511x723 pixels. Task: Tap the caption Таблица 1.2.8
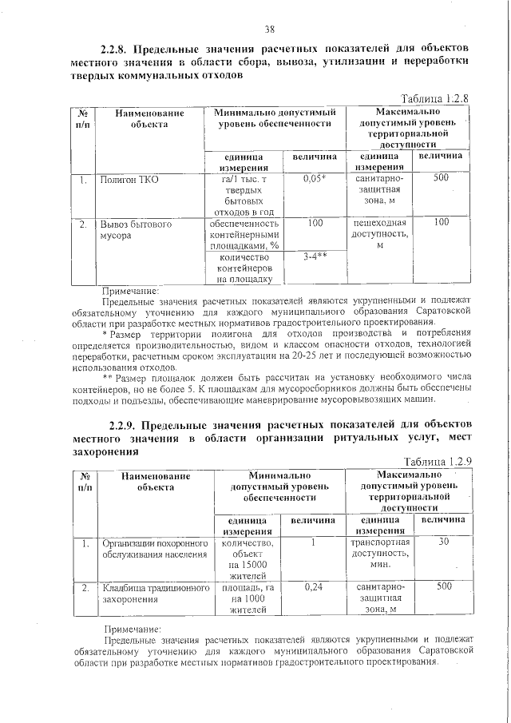click(435, 98)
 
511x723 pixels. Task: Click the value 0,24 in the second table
click(312, 587)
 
